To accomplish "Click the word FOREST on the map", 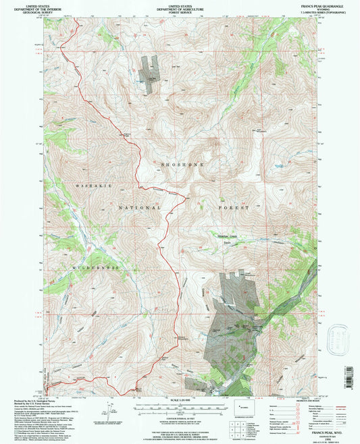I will coord(233,208).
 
